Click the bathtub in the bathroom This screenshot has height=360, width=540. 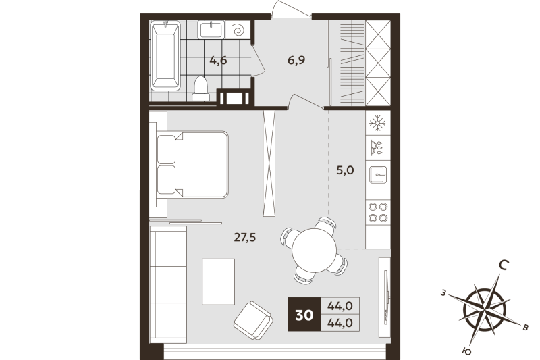pyautogui.click(x=164, y=56)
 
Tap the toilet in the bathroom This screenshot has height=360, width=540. pyautogui.click(x=200, y=88)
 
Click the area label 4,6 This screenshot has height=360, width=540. pyautogui.click(x=217, y=61)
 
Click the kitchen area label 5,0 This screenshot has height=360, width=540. pyautogui.click(x=345, y=171)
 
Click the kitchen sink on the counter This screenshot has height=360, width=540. pyautogui.click(x=377, y=174)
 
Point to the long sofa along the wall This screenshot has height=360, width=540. pyautogui.click(x=167, y=284)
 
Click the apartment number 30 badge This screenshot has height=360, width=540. pyautogui.click(x=304, y=315)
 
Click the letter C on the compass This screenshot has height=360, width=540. pyautogui.click(x=504, y=266)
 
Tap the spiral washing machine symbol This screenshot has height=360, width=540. pyautogui.click(x=238, y=30)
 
